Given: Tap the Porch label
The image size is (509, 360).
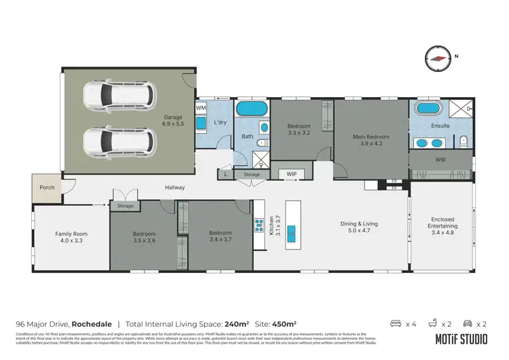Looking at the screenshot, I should (46, 187).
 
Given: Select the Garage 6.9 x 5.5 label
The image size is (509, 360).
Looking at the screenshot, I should (173, 121).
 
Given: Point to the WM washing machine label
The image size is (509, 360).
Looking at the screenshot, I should (201, 108).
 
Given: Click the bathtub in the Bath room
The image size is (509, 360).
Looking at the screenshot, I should (252, 109).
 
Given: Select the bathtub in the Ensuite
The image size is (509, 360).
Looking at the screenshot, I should (428, 108).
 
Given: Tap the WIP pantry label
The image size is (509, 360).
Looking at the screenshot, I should (292, 175).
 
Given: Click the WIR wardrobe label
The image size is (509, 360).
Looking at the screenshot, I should (440, 160).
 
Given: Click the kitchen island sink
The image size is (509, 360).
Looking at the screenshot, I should (292, 232).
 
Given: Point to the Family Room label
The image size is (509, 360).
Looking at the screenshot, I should (71, 237).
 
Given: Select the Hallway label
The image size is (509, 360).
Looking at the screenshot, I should (174, 187).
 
